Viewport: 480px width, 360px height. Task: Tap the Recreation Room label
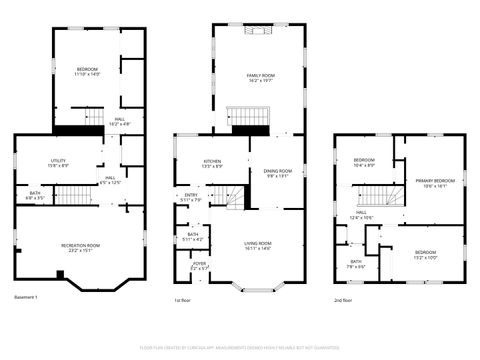click(x=80, y=247)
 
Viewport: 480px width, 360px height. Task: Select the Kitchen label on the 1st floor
click(x=212, y=163)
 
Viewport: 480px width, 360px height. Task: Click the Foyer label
click(x=200, y=266)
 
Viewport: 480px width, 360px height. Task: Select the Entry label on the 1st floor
click(x=191, y=198)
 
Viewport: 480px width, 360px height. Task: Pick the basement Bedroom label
click(x=87, y=71)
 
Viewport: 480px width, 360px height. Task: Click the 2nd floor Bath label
click(x=356, y=265)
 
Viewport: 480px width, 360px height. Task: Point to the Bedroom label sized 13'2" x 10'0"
click(x=425, y=255)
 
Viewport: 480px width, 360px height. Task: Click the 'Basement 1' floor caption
click(x=26, y=298)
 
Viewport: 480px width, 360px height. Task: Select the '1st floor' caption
click(x=182, y=298)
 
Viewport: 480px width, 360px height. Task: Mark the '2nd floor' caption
click(x=345, y=298)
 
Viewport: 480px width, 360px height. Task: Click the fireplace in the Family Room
click(x=259, y=30)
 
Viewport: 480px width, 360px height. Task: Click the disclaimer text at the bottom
click(x=240, y=347)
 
